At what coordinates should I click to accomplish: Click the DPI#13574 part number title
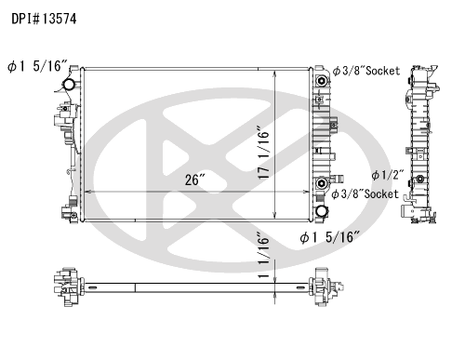44,19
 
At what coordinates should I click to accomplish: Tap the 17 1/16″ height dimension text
264,153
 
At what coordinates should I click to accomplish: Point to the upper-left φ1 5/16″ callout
37,66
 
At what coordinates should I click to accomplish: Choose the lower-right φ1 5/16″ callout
330,237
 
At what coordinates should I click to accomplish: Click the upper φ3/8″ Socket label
366,71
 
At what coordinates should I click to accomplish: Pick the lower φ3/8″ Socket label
365,194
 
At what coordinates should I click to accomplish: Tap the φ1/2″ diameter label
388,175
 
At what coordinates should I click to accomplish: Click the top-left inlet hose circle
69,84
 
